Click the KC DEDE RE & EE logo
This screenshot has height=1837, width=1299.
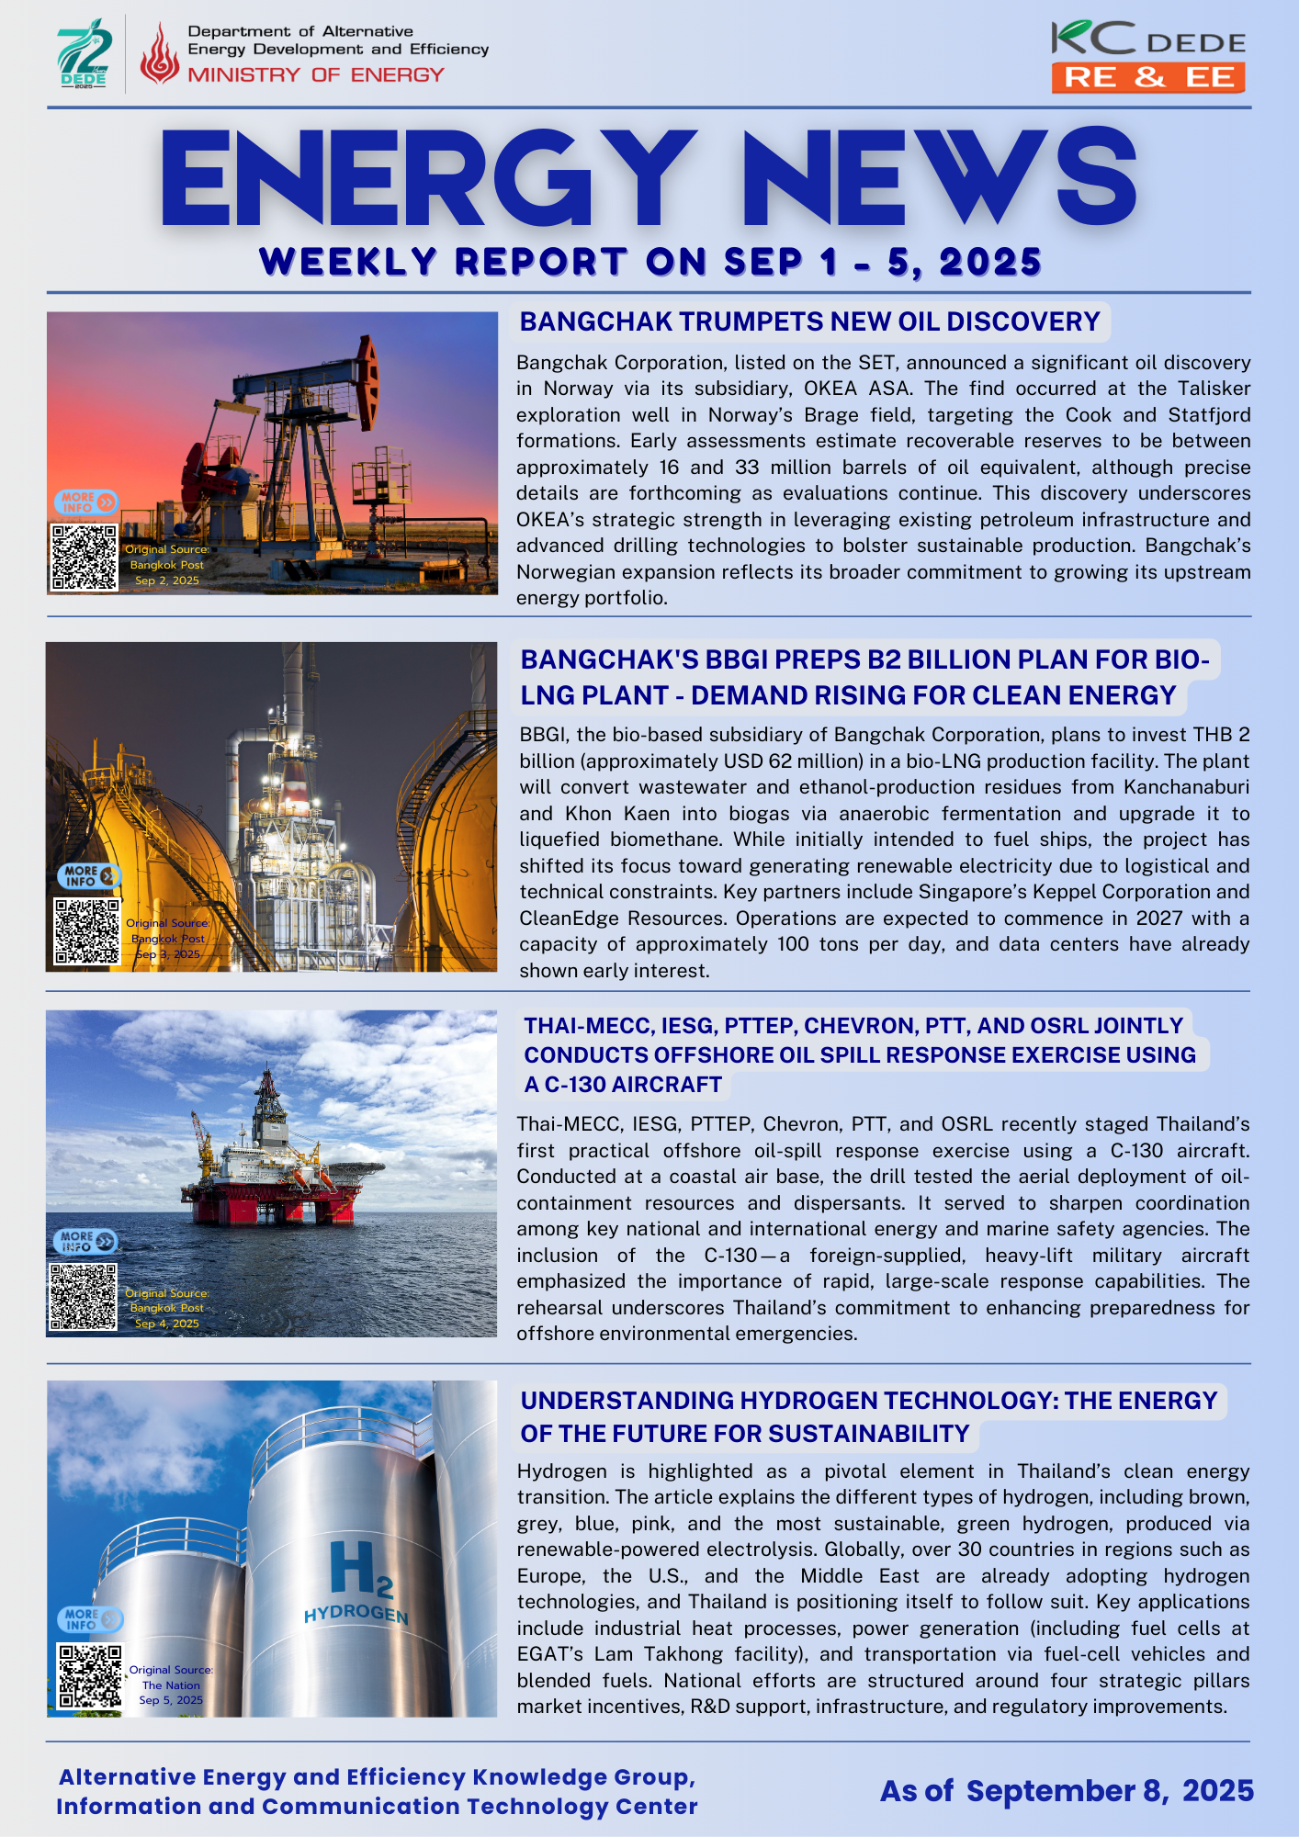pyautogui.click(x=1148, y=58)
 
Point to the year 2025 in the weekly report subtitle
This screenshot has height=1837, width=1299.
pyautogui.click(x=990, y=263)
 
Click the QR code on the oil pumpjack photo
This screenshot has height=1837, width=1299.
pyautogui.click(x=85, y=558)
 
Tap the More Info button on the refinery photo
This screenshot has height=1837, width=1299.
pyautogui.click(x=89, y=875)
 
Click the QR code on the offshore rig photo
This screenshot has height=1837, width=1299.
pyautogui.click(x=84, y=1297)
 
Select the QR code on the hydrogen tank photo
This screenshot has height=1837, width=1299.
pyautogui.click(x=90, y=1676)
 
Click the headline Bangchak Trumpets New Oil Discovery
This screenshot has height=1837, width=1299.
pyautogui.click(x=809, y=321)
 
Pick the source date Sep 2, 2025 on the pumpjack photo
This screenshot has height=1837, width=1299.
pyautogui.click(x=167, y=580)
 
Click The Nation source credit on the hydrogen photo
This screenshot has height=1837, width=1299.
pyautogui.click(x=171, y=1685)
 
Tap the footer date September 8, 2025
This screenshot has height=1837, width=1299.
pyautogui.click(x=1109, y=1791)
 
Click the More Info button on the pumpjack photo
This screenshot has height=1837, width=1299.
pyautogui.click(x=86, y=502)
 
